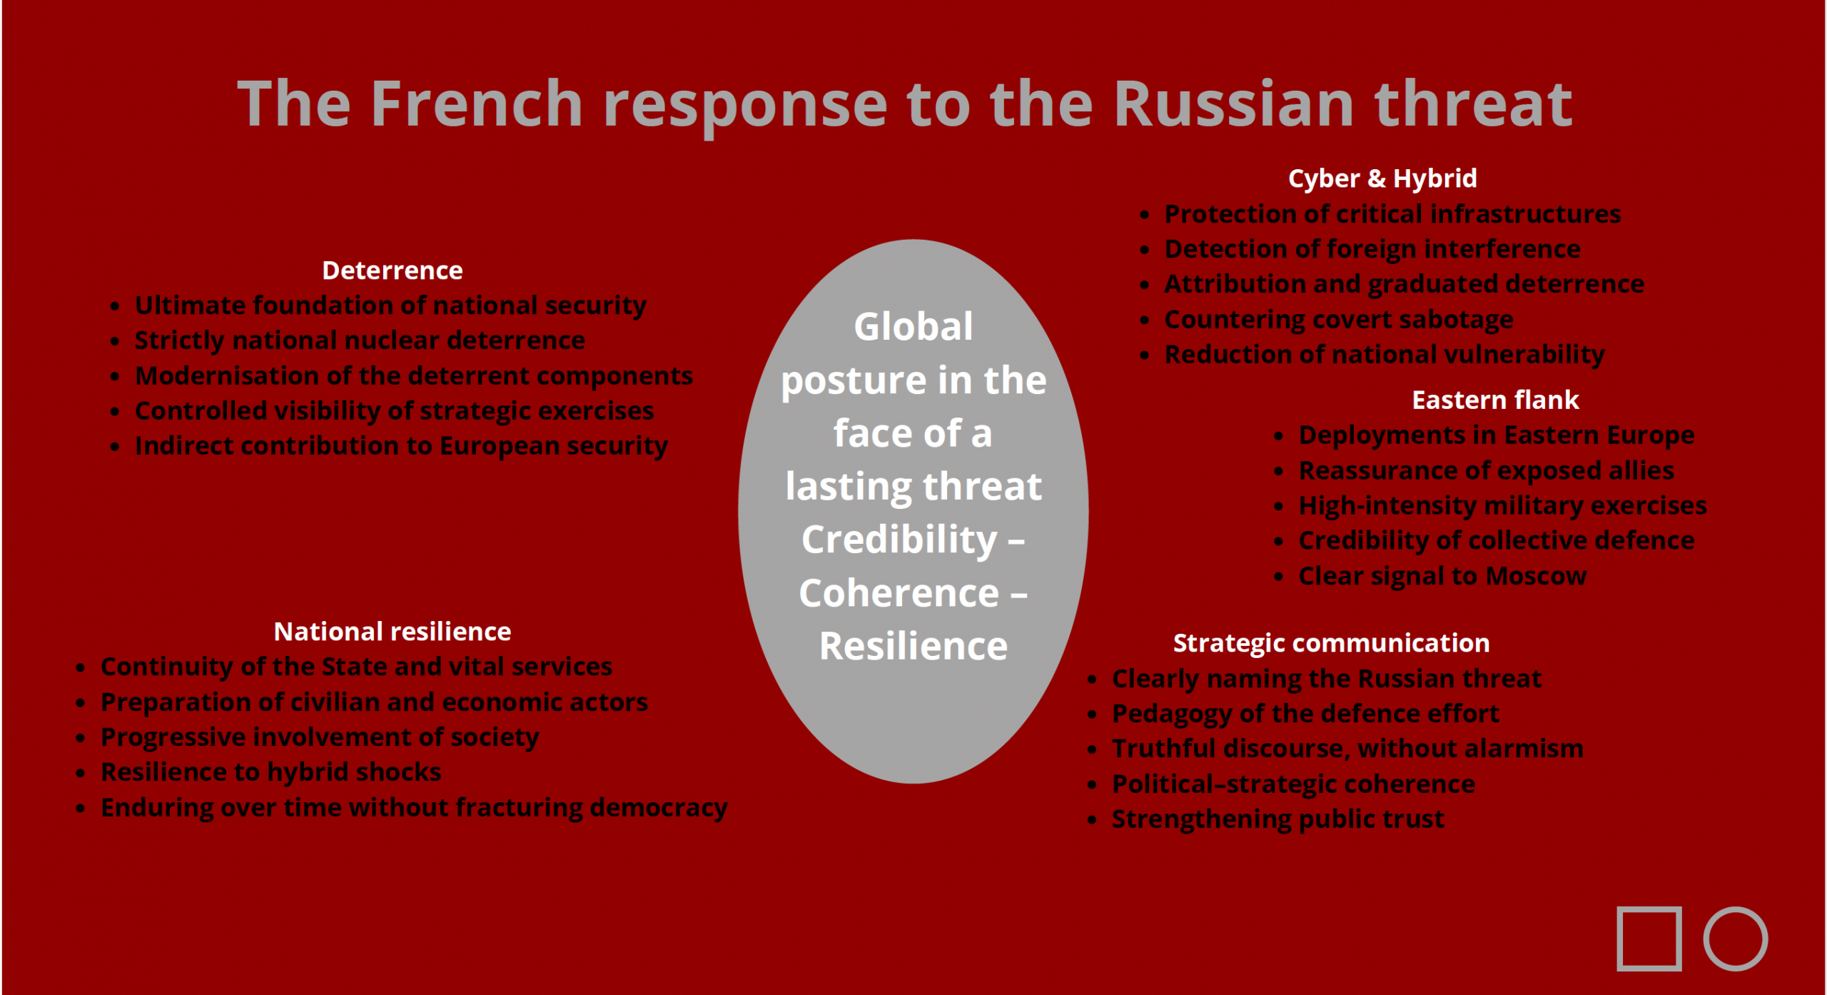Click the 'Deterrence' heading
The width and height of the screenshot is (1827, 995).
pos(392,271)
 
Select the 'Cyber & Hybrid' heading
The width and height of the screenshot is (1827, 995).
pos(1382,178)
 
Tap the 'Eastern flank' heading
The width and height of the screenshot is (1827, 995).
pos(1495,400)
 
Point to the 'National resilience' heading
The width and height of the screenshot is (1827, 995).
pos(393,632)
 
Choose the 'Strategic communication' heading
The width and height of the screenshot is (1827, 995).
pos(1332,643)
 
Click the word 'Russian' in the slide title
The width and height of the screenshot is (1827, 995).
pos(1233,104)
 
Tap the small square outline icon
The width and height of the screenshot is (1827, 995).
pos(1649,939)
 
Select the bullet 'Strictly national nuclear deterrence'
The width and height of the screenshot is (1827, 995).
pos(360,340)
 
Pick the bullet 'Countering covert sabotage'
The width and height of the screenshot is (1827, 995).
pos(1339,320)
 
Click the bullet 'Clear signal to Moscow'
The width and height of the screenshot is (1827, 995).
pos(1442,576)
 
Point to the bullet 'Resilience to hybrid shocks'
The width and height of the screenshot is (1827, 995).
pos(271,772)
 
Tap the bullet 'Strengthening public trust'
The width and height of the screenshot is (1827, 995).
pos(1278,819)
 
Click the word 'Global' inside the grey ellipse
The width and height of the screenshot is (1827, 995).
pos(913,326)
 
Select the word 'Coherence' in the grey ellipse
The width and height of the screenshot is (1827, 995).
pos(899,593)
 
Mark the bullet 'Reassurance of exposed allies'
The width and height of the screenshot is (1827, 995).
pos(1487,470)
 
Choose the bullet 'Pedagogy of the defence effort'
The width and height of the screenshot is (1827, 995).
pos(1305,714)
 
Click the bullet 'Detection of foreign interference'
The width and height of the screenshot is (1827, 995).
pos(1372,249)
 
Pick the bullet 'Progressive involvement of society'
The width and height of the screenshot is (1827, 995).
pos(320,737)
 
